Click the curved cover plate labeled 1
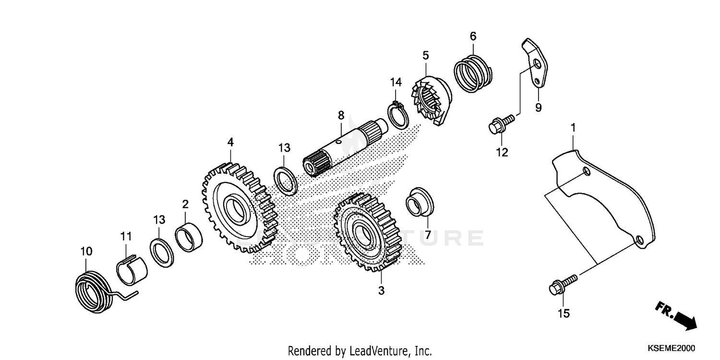[x=605, y=202]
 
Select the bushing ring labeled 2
[x=189, y=236]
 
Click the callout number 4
[x=230, y=142]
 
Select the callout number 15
[x=564, y=313]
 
